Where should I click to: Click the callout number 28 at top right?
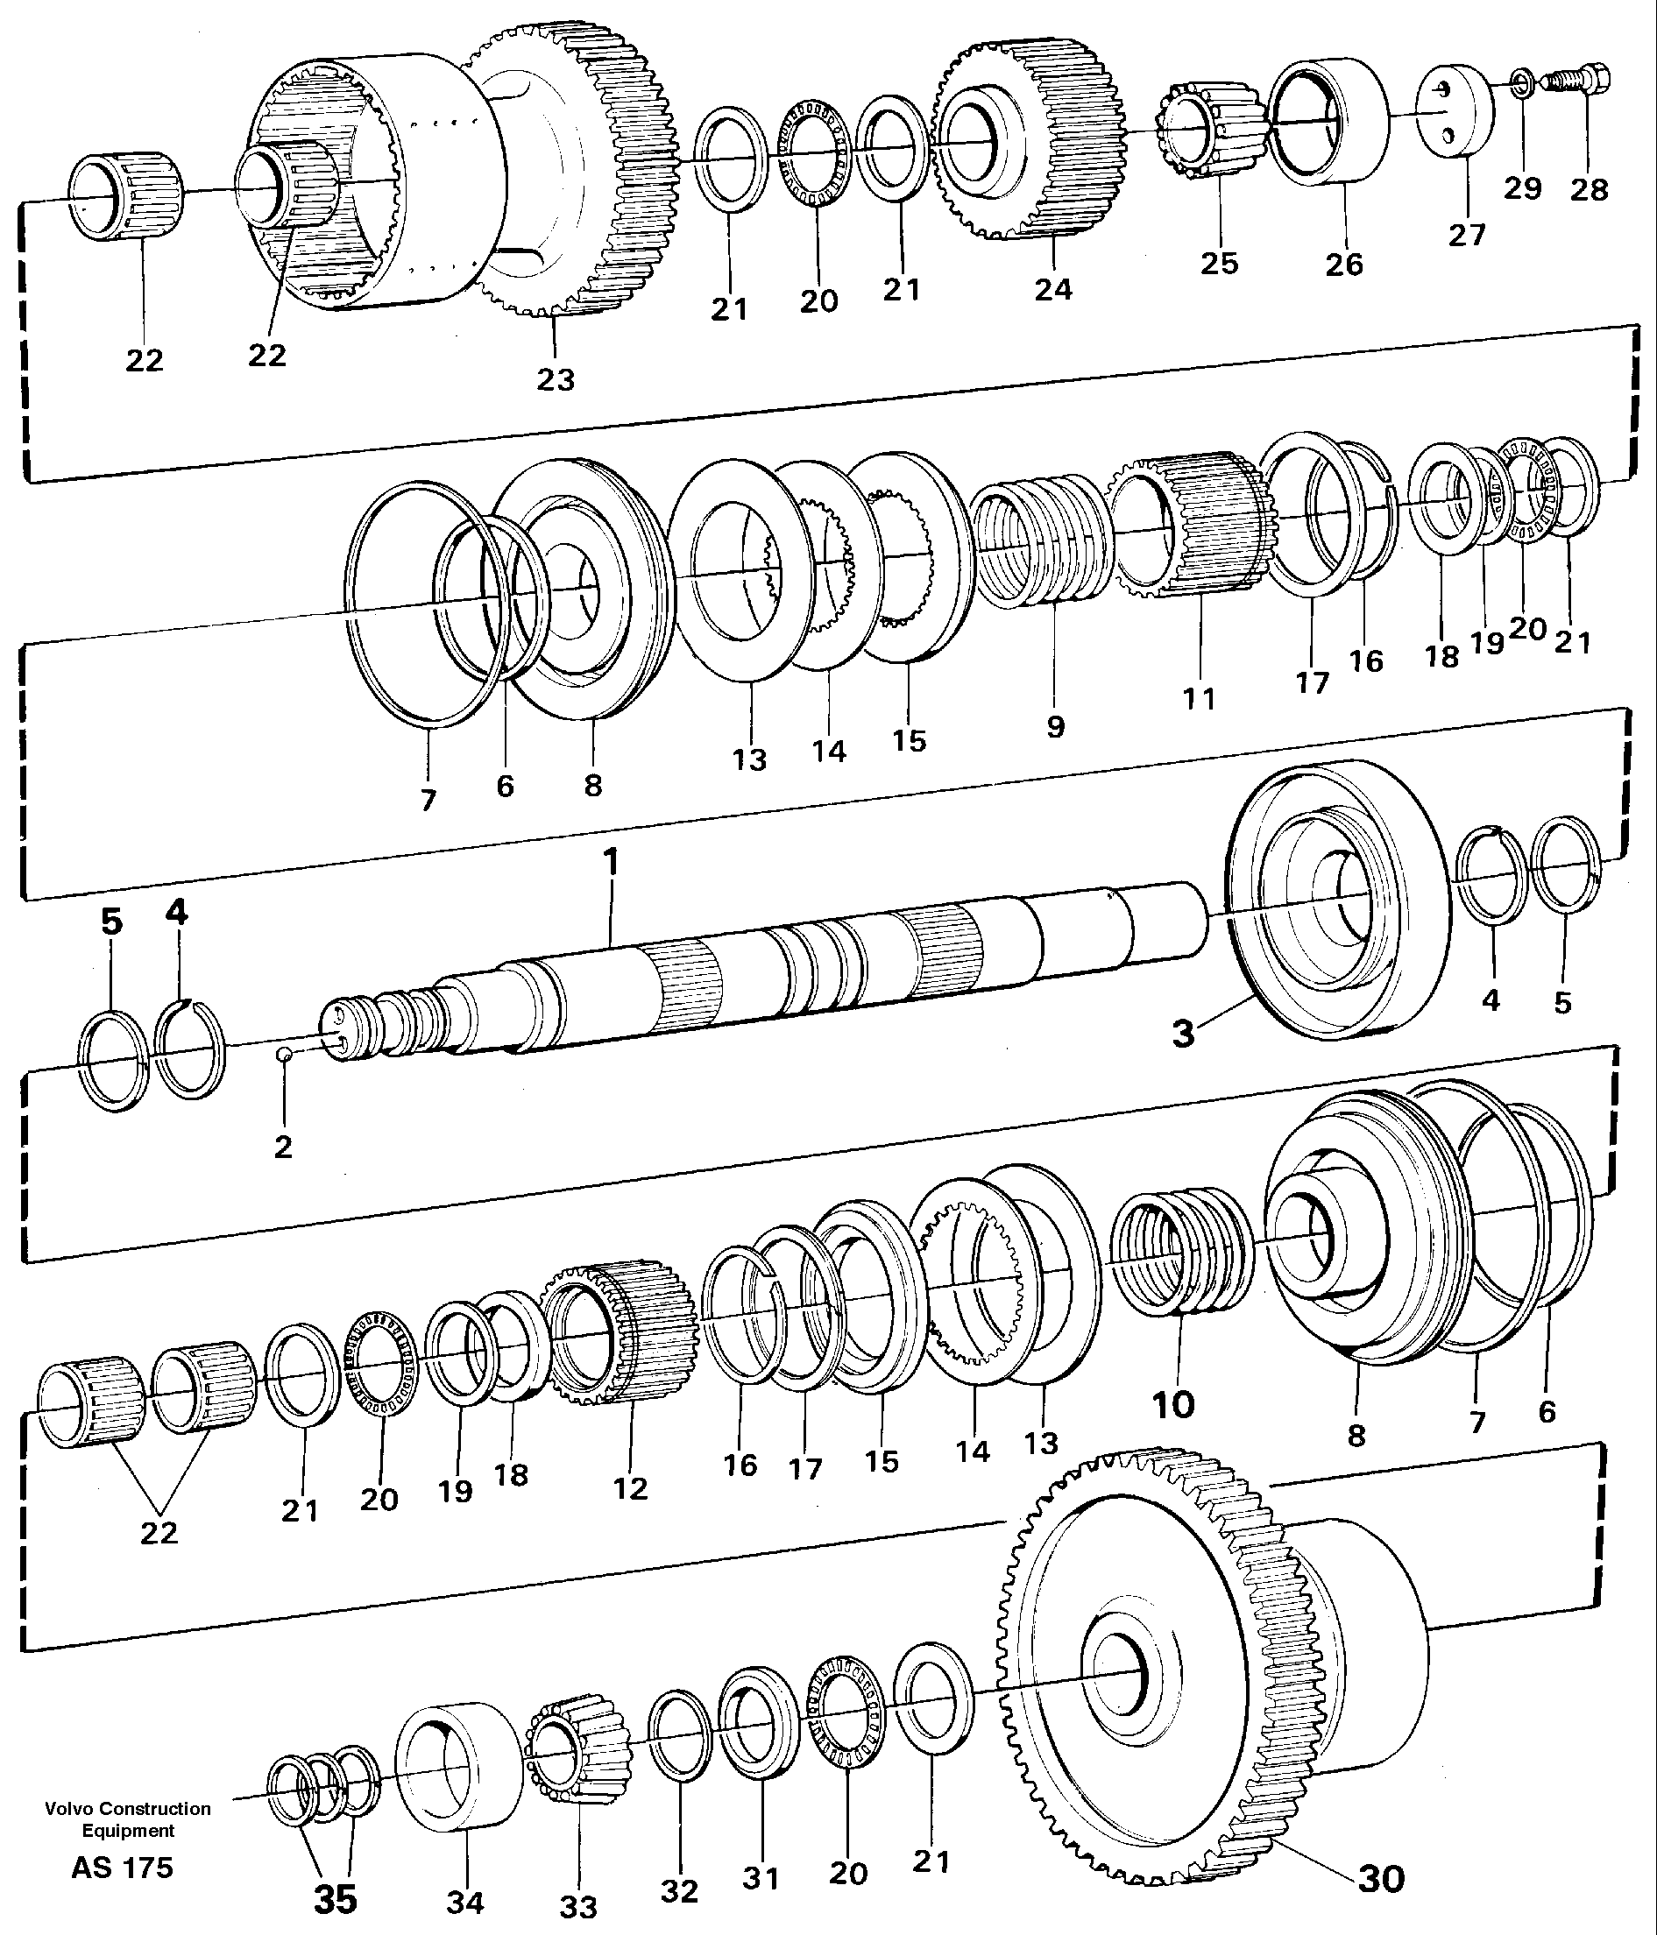[1589, 189]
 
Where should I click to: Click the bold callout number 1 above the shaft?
[611, 861]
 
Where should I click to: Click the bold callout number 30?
[1380, 1879]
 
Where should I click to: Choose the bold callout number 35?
[336, 1898]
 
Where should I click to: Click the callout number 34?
[465, 1903]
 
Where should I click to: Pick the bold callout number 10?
[1173, 1403]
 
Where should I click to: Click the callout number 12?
[629, 1487]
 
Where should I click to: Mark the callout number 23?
[555, 379]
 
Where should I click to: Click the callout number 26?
[1344, 265]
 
